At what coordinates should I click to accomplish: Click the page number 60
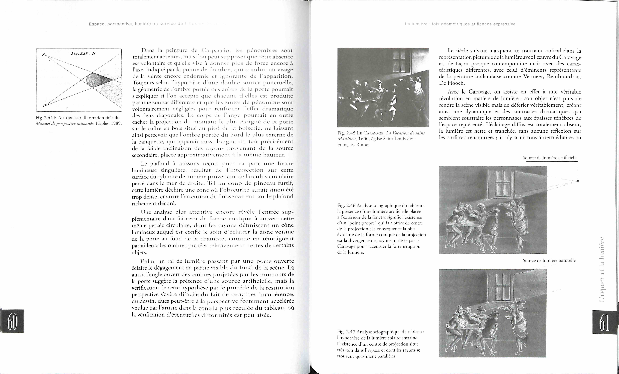pyautogui.click(x=12, y=321)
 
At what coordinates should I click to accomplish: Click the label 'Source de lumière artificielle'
pyautogui.click(x=550, y=158)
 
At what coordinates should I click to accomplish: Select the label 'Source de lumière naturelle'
pyautogui.click(x=549, y=260)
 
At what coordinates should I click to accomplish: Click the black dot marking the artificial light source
pyautogui.click(x=578, y=181)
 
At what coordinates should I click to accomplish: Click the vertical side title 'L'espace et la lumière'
pyautogui.click(x=601, y=270)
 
